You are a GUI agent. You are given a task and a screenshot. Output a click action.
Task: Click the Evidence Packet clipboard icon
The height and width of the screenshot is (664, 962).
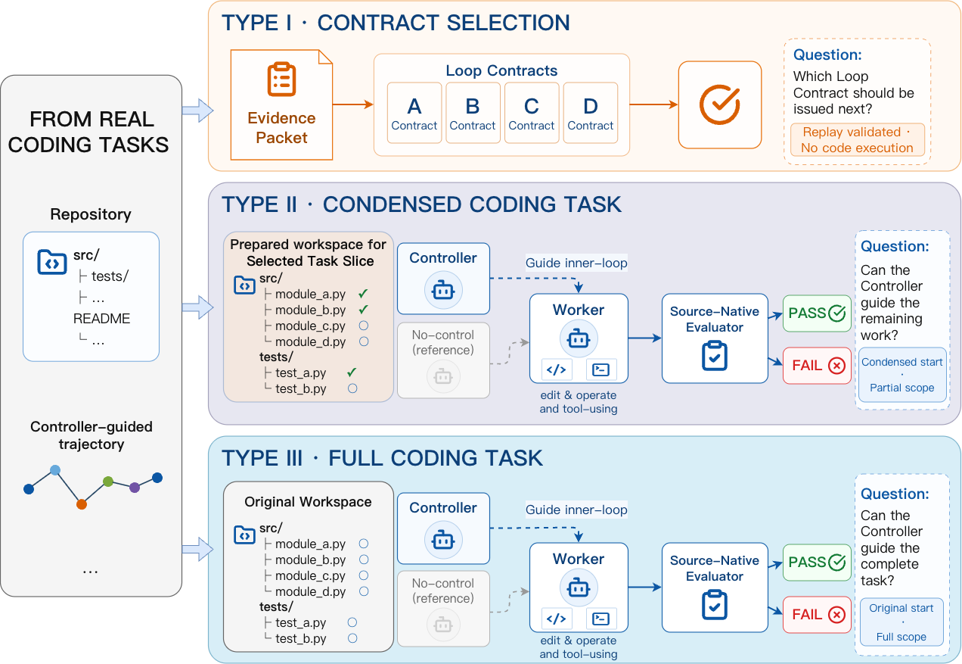pyautogui.click(x=282, y=79)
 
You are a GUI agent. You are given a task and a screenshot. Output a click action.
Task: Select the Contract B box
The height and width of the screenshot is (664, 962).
pyautogui.click(x=473, y=113)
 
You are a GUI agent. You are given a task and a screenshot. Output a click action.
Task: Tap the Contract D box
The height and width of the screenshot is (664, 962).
pyautogui.click(x=591, y=113)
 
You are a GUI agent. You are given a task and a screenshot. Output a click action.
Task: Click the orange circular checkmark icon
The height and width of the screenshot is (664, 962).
pyautogui.click(x=720, y=104)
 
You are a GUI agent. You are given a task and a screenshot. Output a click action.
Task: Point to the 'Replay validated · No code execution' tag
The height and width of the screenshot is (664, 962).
pyautogui.click(x=857, y=140)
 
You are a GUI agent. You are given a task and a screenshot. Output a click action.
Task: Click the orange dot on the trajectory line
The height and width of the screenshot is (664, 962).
pyautogui.click(x=82, y=504)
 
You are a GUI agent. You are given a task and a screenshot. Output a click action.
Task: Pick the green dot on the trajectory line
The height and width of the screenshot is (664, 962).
pyautogui.click(x=108, y=482)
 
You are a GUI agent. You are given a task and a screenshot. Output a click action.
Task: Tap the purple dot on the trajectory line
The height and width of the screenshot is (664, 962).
pyautogui.click(x=135, y=488)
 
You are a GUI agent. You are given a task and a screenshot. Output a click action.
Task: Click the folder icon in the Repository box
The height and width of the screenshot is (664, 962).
pyautogui.click(x=52, y=261)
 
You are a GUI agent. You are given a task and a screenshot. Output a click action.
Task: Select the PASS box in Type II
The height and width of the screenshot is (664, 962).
pyautogui.click(x=817, y=313)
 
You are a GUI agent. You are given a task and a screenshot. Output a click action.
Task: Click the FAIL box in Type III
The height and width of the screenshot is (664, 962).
pyautogui.click(x=817, y=615)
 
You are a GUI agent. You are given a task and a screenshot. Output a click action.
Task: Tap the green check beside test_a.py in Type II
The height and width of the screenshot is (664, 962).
pyautogui.click(x=352, y=372)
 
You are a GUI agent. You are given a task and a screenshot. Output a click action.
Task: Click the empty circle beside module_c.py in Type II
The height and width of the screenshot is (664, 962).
pyautogui.click(x=364, y=326)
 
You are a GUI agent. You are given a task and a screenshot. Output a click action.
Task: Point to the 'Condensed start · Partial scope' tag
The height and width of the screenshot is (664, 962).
pyautogui.click(x=902, y=375)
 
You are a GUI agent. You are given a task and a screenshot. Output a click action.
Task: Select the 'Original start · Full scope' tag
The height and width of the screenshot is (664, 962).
pyautogui.click(x=901, y=622)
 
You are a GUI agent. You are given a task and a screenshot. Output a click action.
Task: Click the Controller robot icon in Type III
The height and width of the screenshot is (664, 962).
pyautogui.click(x=443, y=540)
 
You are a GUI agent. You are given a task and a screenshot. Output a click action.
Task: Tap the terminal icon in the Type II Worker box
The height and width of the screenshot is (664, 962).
pyautogui.click(x=600, y=369)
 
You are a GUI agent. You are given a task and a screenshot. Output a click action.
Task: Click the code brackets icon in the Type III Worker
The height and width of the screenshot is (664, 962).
pyautogui.click(x=556, y=619)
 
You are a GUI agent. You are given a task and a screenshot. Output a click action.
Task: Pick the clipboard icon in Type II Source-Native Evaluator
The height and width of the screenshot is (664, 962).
pyautogui.click(x=715, y=356)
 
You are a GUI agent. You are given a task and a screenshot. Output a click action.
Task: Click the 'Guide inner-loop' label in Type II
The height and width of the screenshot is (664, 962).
pyautogui.click(x=576, y=263)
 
